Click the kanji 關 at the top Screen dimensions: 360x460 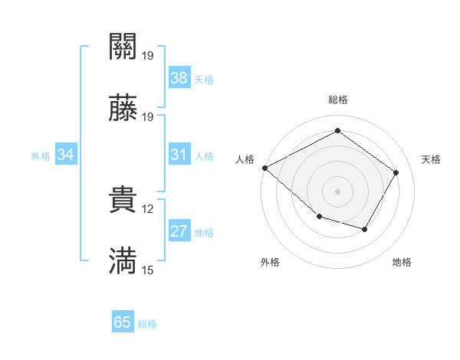coord(123,48)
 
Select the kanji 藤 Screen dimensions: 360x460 coord(123,110)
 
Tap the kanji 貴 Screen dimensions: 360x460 coord(123,201)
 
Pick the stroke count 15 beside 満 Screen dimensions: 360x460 coord(147,270)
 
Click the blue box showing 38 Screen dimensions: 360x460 coord(179,78)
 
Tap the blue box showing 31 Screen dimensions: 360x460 coord(179,155)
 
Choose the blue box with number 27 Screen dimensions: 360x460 coord(179,232)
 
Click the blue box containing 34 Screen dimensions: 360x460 coord(66,155)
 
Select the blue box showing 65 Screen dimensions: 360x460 coord(123,322)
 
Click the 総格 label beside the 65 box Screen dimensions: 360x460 coord(147,324)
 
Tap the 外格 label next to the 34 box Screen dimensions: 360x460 coord(41,156)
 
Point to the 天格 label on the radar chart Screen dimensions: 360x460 coord(431,159)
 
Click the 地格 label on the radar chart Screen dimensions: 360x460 coord(402,262)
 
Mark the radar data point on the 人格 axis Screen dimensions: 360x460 coord(264,168)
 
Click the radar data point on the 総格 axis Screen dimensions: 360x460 coord(337,131)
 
